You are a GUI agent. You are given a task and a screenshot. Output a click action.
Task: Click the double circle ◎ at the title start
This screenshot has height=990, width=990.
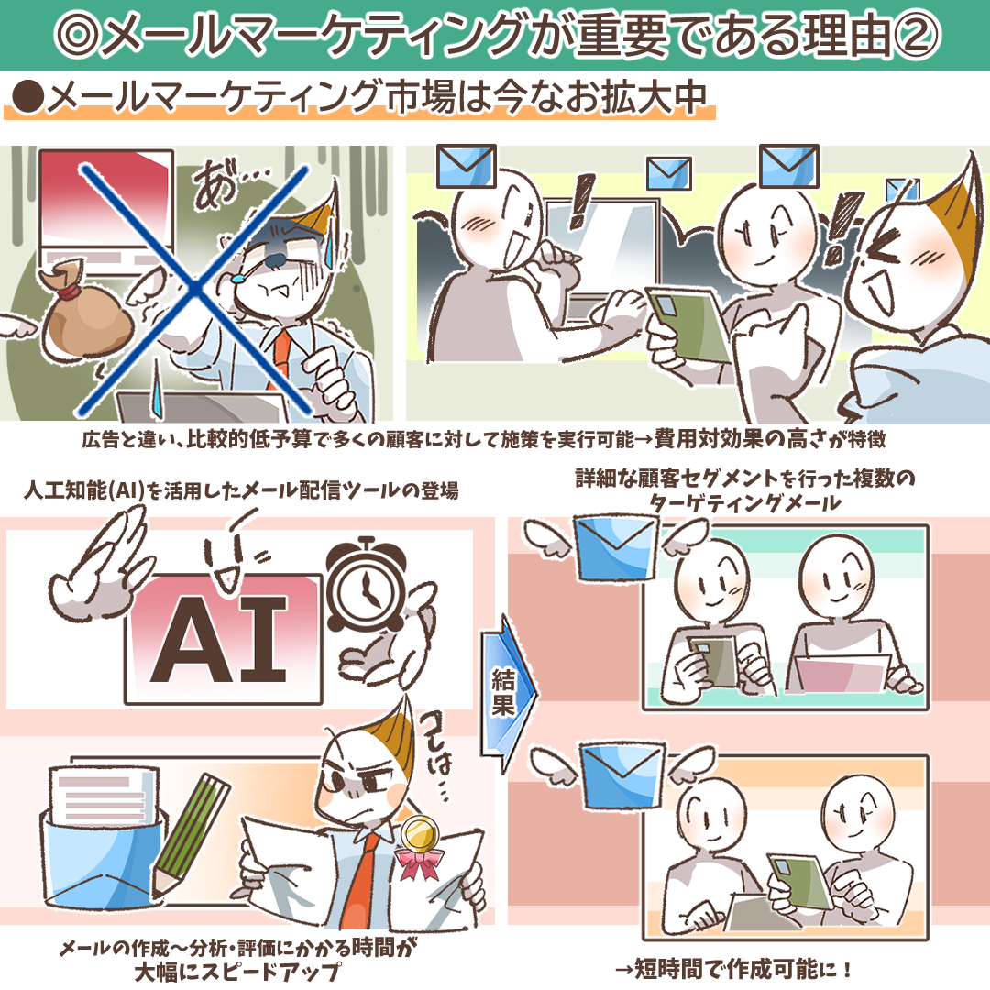point(78,34)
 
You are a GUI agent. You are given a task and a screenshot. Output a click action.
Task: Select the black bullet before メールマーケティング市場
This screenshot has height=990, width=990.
point(27,98)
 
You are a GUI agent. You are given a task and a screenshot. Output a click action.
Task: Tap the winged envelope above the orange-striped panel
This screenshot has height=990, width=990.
point(621,776)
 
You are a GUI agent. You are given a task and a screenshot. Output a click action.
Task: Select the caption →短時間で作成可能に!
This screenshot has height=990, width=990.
point(732,968)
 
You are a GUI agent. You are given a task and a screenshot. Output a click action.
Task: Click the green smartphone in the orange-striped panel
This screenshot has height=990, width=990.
point(799,882)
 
